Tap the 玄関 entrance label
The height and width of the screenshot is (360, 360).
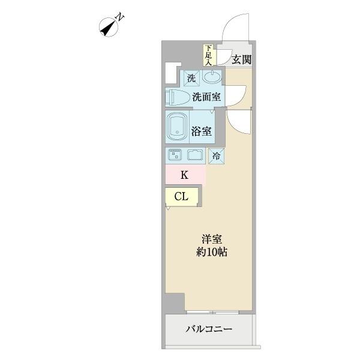point(241,59)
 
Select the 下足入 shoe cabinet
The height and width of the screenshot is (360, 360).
point(208,55)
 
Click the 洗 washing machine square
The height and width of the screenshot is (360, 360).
point(191,77)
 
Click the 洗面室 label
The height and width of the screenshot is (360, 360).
point(206,96)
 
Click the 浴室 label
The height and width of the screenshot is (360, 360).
point(202,131)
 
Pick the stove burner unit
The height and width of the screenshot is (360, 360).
point(176,154)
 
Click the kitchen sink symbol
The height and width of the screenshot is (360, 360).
point(196,154)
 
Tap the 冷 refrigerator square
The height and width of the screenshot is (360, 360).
point(217,155)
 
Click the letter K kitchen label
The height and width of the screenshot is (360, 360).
point(185,175)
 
